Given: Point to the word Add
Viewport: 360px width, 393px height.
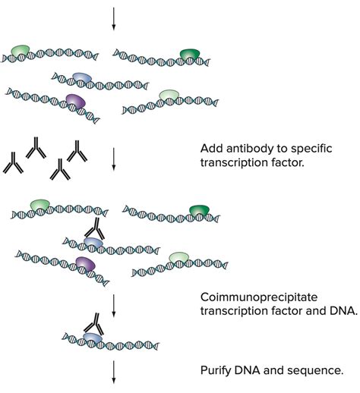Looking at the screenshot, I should click(x=212, y=149).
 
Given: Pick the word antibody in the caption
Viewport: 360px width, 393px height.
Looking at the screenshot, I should click(x=256, y=149).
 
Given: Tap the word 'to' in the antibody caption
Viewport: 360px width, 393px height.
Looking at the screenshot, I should click(x=295, y=149).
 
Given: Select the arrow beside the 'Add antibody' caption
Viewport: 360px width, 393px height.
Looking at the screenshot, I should click(x=114, y=157).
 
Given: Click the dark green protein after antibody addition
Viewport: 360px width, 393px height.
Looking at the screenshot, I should click(x=199, y=209).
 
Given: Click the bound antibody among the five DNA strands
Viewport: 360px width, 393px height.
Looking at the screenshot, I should click(x=94, y=227).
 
